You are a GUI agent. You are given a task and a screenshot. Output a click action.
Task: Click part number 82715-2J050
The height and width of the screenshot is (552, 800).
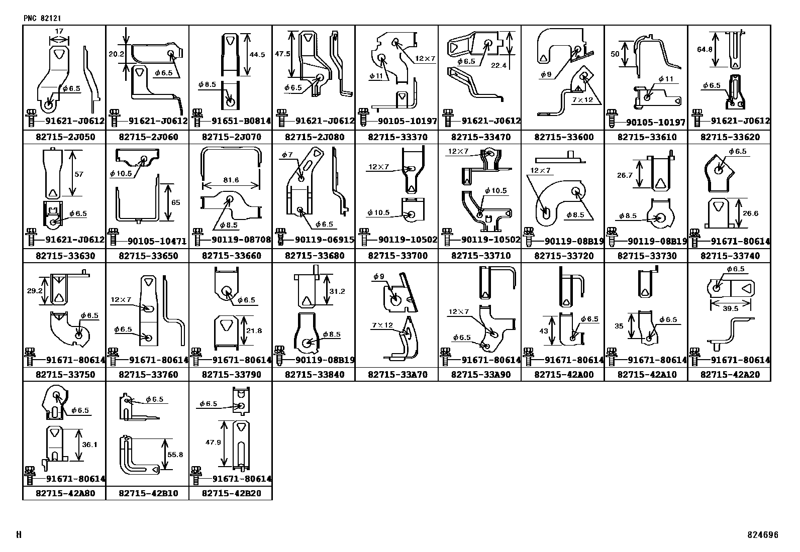click(65, 137)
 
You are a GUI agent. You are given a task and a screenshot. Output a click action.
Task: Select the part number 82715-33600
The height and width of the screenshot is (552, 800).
click(564, 137)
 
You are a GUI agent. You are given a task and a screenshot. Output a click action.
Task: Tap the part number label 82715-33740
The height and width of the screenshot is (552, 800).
click(730, 256)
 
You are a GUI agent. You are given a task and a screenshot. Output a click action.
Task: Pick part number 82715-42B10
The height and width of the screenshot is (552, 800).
click(149, 493)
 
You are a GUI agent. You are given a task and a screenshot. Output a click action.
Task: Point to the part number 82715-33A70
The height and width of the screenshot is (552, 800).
click(398, 375)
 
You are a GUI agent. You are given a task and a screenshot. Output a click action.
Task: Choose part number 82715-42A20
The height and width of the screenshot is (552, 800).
click(730, 375)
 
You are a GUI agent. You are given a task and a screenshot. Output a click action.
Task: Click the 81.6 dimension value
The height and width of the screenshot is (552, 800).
click(231, 180)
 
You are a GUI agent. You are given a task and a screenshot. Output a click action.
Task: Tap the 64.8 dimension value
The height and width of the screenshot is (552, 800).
click(705, 49)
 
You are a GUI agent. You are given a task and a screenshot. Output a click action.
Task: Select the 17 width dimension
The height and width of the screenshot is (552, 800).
click(59, 32)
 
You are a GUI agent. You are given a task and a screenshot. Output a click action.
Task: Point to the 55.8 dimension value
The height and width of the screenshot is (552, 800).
click(175, 455)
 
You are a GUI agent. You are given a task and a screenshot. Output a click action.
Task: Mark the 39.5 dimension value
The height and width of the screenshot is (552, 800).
click(730, 308)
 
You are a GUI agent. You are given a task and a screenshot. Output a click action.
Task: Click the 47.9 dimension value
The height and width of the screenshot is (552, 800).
click(213, 442)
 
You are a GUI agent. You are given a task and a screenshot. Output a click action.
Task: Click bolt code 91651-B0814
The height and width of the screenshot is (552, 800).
click(241, 121)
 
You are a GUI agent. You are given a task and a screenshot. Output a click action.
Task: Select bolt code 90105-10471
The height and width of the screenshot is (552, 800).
click(157, 242)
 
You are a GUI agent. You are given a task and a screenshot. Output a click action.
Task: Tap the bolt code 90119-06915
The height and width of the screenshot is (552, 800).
click(325, 240)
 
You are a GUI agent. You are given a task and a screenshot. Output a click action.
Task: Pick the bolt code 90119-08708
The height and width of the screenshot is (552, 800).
click(241, 240)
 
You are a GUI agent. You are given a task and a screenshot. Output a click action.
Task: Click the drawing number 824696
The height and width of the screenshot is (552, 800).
click(763, 535)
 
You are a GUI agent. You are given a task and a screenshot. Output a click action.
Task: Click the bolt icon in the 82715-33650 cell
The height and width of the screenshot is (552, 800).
click(113, 237)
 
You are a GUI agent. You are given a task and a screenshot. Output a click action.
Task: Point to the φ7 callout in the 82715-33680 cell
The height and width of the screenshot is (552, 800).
click(287, 155)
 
